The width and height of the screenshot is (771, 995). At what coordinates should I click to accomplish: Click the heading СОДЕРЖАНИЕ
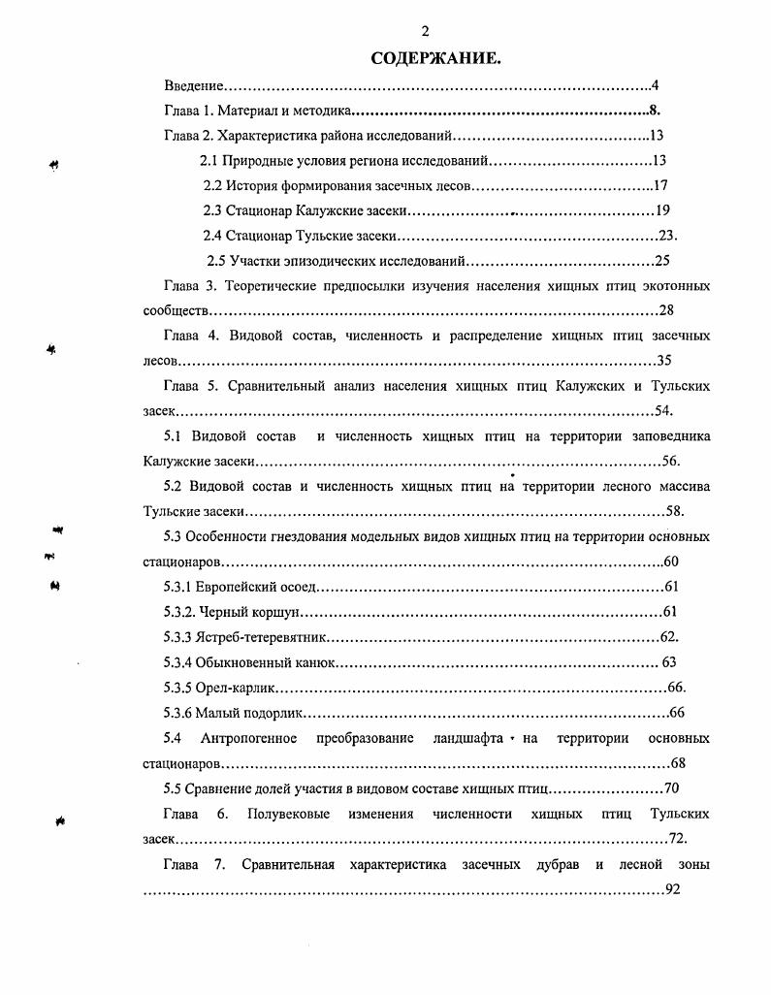[435, 60]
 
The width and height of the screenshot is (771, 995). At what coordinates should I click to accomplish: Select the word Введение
[194, 86]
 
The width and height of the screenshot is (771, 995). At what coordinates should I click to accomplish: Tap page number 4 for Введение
[656, 86]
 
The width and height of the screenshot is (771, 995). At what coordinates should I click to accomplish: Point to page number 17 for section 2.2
[661, 185]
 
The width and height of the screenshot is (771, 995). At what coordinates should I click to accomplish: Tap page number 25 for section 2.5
[662, 261]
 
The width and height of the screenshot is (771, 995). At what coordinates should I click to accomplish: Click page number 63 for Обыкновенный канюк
[668, 662]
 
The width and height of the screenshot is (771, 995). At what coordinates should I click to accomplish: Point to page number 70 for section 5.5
[672, 787]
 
